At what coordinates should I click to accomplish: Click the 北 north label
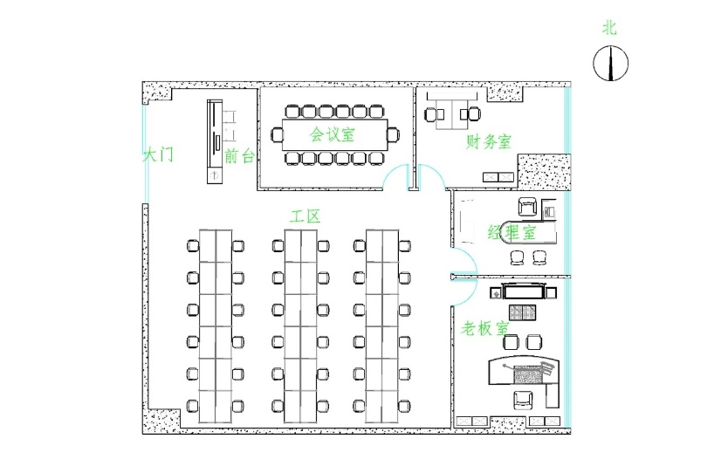click(x=609, y=28)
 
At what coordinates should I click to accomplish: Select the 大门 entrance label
click(x=158, y=155)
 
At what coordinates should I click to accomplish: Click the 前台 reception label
click(x=239, y=156)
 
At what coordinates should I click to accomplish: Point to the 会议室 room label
click(x=332, y=134)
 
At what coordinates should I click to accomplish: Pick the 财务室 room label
click(x=489, y=141)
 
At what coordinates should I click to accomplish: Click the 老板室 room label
click(x=485, y=329)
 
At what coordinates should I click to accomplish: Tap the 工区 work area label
click(x=305, y=216)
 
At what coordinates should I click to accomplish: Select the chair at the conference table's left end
click(x=278, y=134)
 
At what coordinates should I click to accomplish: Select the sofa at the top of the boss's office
click(x=524, y=291)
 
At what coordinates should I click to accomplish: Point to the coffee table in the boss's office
click(x=524, y=312)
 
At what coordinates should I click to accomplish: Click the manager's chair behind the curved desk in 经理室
click(x=528, y=208)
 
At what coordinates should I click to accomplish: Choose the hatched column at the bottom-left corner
click(x=162, y=421)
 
